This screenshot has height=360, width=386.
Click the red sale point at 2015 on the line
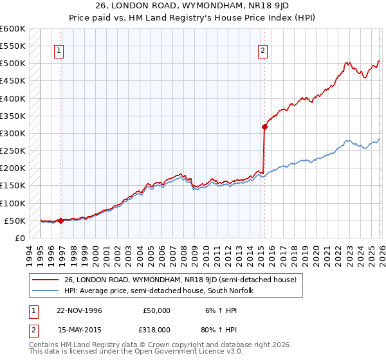(264, 127)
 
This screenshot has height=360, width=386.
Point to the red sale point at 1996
(60, 221)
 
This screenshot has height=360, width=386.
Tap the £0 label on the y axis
(19, 238)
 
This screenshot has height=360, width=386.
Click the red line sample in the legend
(46, 280)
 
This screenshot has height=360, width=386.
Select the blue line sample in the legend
(46, 291)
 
